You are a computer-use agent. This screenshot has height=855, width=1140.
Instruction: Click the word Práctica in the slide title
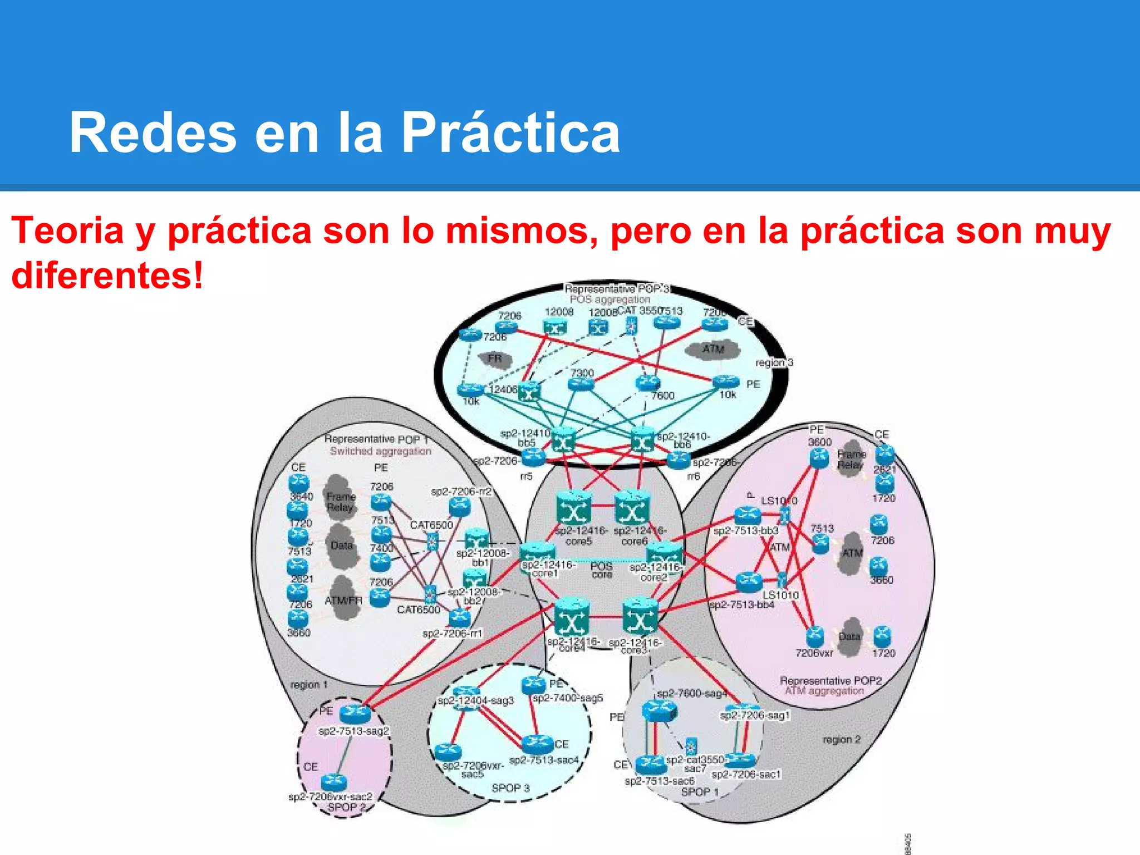[510, 132]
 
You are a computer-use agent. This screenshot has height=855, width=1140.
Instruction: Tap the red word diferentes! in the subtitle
[107, 275]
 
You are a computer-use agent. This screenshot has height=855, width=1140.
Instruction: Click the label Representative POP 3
[617, 289]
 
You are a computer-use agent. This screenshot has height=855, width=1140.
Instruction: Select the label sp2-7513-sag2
[353, 731]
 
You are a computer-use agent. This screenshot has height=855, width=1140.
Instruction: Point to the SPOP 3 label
[510, 788]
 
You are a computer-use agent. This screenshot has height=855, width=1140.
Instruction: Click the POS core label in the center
[601, 570]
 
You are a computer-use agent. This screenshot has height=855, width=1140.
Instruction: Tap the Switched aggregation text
[380, 451]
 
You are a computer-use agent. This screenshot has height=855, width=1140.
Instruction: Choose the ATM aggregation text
[824, 691]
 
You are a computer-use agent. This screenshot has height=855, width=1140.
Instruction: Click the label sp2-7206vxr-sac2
[330, 797]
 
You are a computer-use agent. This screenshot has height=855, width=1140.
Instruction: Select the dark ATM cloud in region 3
[712, 350]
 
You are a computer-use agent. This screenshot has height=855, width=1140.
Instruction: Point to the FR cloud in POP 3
[494, 358]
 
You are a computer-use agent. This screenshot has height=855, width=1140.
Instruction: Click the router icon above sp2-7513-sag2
[355, 712]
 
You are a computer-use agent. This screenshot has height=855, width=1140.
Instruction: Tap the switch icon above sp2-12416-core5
[573, 508]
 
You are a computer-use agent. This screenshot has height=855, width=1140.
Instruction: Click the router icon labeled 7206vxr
[814, 636]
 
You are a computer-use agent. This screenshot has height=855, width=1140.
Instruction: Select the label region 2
[841, 740]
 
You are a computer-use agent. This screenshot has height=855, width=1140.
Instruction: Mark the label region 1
[309, 685]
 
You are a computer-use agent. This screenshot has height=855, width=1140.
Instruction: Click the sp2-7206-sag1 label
[755, 715]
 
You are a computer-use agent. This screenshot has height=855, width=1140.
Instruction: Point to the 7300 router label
[582, 372]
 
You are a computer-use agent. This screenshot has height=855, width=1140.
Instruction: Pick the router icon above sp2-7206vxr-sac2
[334, 782]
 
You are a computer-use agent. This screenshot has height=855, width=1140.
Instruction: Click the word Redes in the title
[153, 132]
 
